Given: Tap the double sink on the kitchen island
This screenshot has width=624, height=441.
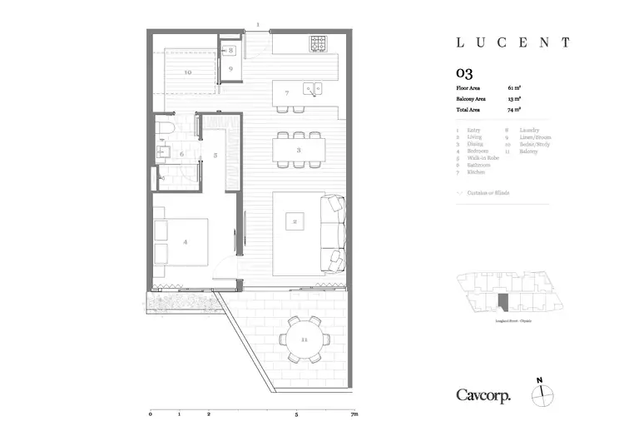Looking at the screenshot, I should coord(312,86).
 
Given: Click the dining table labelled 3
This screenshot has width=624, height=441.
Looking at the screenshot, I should coord(299,150).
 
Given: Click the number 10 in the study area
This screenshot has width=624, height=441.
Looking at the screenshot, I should coord(187,72).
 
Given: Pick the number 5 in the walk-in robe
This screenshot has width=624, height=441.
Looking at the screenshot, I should coord(215,155).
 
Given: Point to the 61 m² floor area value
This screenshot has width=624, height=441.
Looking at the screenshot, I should coord(514,87).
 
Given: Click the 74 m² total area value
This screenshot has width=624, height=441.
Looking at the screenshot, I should coord(514,109).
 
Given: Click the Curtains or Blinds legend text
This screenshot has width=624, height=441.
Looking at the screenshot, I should coord(489,192).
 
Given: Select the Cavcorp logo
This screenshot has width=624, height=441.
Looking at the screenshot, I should coord(483,395).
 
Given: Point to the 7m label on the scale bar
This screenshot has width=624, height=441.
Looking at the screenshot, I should coord(354,414).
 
